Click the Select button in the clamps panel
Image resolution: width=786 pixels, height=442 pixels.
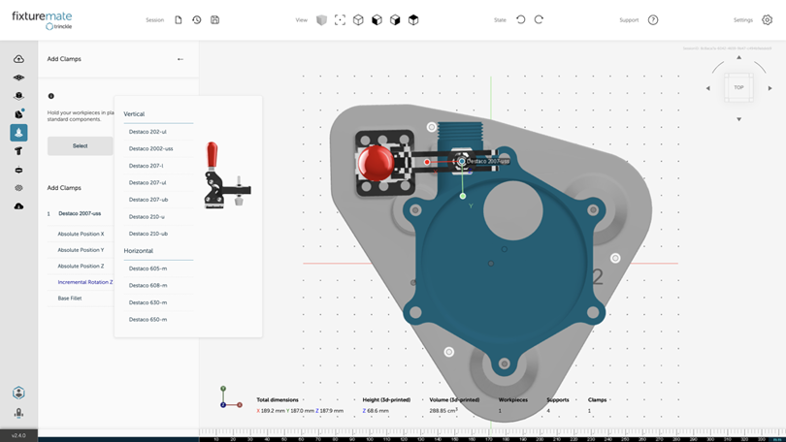[x=80, y=145]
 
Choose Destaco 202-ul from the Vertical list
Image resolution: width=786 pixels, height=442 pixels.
[x=147, y=132]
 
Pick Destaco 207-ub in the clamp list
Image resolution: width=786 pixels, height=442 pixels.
[x=148, y=200]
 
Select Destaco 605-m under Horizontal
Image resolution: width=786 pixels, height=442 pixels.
[x=147, y=268]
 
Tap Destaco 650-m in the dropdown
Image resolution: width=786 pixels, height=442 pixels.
[x=147, y=319]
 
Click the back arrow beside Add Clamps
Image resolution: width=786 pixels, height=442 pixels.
[x=180, y=59]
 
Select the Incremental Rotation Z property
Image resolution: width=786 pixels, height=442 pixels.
[x=84, y=282]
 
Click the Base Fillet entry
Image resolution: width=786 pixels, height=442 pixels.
[x=70, y=299]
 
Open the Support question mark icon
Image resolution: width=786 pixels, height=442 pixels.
[x=653, y=19]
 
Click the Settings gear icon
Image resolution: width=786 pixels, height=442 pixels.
[x=767, y=19]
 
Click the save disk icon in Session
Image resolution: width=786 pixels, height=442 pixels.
[x=214, y=19]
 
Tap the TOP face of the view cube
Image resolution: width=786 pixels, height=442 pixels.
[x=738, y=87]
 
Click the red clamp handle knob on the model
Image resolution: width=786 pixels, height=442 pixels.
[x=376, y=163]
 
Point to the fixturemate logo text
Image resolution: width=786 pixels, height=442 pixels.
[x=42, y=16]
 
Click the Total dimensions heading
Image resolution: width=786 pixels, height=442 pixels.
[x=278, y=399]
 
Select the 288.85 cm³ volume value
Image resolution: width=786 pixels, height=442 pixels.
[x=443, y=411]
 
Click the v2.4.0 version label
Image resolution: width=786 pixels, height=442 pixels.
[x=18, y=435]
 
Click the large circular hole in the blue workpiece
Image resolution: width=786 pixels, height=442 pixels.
[x=513, y=209]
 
